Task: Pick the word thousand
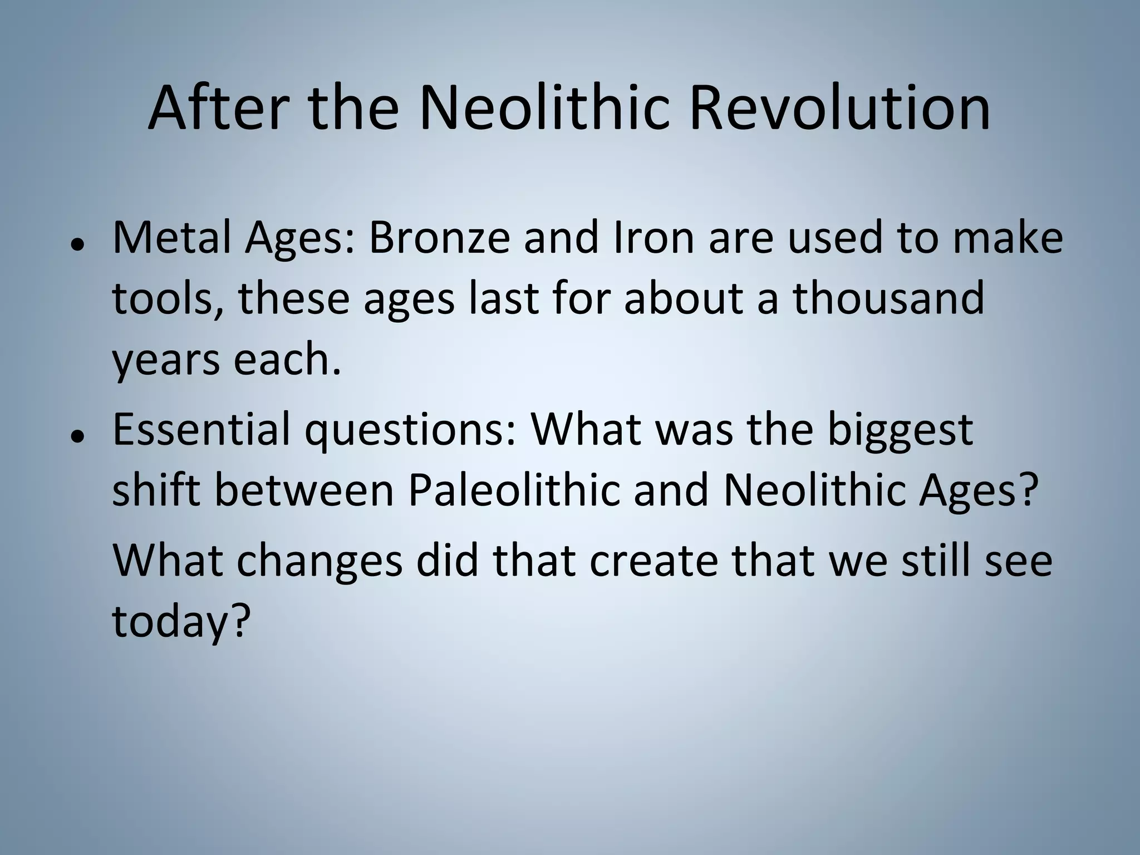(x=888, y=298)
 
